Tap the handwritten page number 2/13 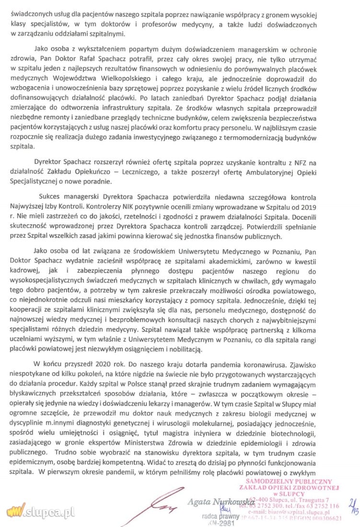[x=352, y=512]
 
